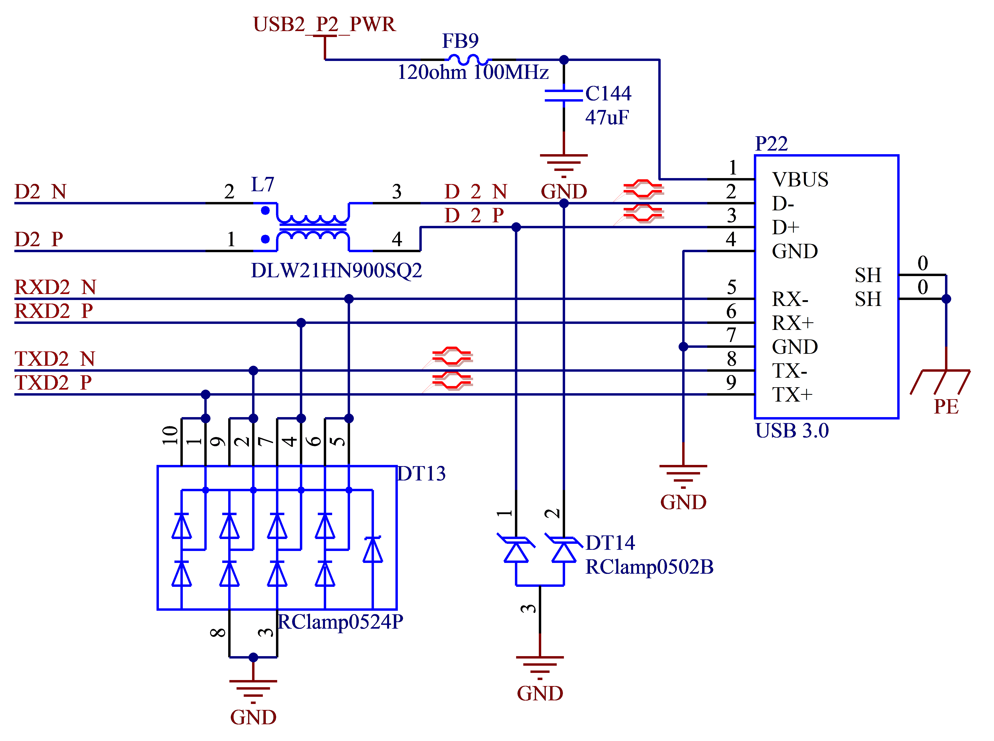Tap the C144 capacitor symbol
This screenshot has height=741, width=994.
564,95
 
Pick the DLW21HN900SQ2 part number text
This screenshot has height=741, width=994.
336,271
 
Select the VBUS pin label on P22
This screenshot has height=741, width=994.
800,179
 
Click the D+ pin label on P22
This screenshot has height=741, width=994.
786,227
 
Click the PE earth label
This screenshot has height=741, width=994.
946,406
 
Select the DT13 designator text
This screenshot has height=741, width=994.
422,474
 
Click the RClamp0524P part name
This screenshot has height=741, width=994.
340,622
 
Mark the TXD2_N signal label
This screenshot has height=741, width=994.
55,359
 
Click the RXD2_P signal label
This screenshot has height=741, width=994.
54,311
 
